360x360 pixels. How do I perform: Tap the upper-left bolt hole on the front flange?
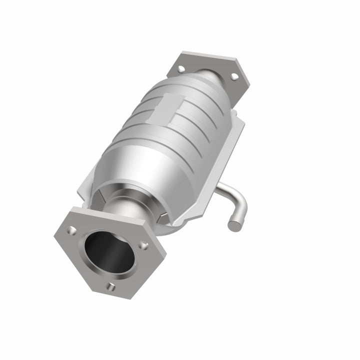coord(73,230)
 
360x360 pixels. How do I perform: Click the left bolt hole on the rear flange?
coord(181,68)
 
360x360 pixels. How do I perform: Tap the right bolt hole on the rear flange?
coord(233,76)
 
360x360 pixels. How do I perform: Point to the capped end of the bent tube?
coord(233,224)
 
